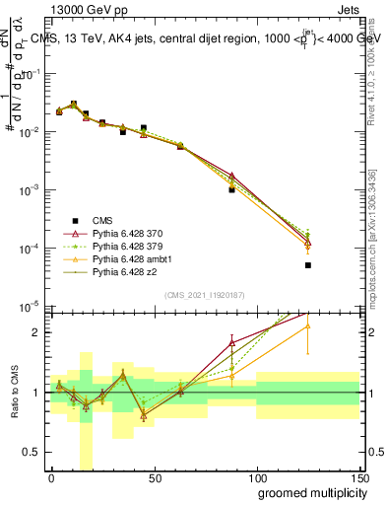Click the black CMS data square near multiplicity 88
(x=231, y=189)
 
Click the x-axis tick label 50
(x=154, y=477)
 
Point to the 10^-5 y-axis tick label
(x=30, y=306)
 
